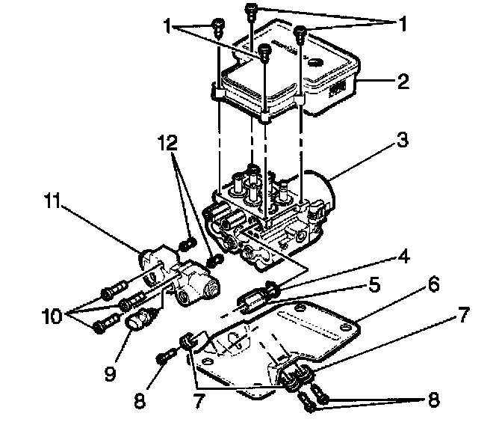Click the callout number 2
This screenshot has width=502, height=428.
pos(404,82)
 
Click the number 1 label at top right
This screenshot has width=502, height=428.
pos(403,23)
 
